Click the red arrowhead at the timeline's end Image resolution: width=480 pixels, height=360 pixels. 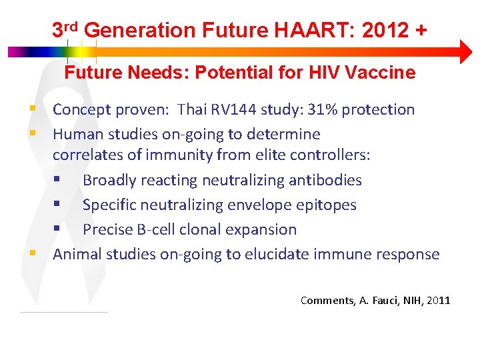pos(465,51)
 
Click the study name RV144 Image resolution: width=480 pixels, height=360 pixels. pos(235,109)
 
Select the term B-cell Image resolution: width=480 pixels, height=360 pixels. pos(157,229)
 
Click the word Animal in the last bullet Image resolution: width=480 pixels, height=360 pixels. pos(75,254)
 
